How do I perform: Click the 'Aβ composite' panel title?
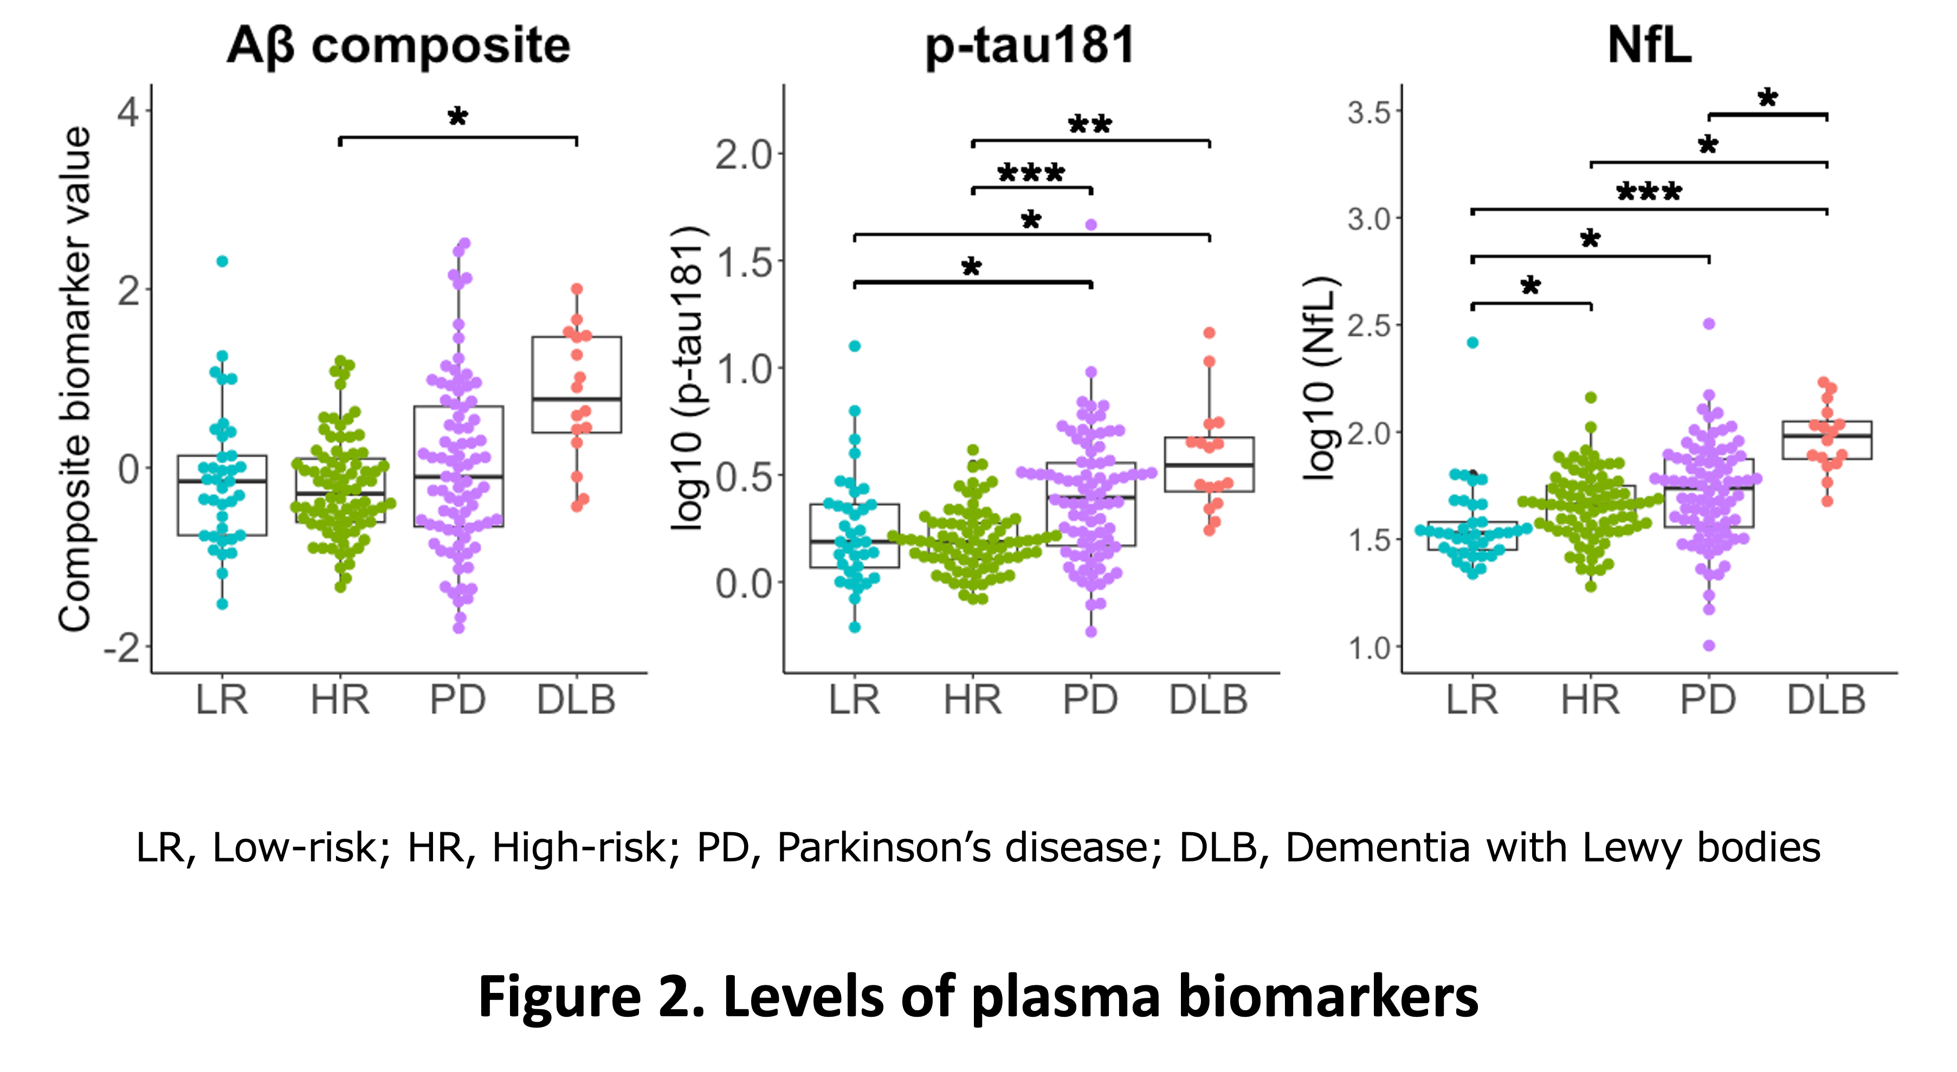tap(398, 45)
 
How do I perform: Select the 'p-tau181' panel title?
tap(1030, 45)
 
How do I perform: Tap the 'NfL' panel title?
tap(1649, 45)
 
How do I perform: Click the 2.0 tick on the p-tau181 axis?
tap(744, 155)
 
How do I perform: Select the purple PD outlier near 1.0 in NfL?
tap(1709, 646)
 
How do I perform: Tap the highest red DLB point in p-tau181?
tap(1210, 332)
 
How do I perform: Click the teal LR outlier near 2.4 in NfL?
tap(1472, 342)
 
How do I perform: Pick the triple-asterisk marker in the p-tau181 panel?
tap(1031, 174)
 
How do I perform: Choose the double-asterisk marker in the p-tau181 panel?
tap(1090, 125)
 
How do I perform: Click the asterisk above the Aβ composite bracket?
tap(457, 117)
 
